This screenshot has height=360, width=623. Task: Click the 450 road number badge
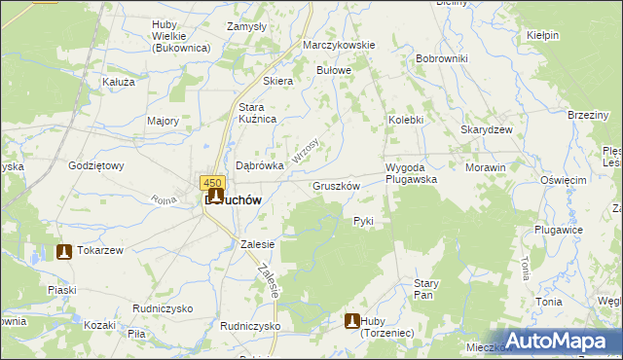click(213, 182)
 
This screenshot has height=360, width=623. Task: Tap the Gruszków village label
click(337, 186)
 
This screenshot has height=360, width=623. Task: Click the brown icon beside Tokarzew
click(64, 251)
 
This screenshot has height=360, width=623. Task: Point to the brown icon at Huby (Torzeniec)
click(352, 321)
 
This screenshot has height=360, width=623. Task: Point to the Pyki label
click(363, 221)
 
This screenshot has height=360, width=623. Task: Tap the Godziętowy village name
click(95, 165)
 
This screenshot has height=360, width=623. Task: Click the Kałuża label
click(118, 83)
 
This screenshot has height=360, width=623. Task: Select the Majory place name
click(163, 121)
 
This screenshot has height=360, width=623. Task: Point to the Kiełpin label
click(542, 35)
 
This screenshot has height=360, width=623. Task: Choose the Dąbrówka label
click(260, 165)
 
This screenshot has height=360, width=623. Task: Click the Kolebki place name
click(406, 120)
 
